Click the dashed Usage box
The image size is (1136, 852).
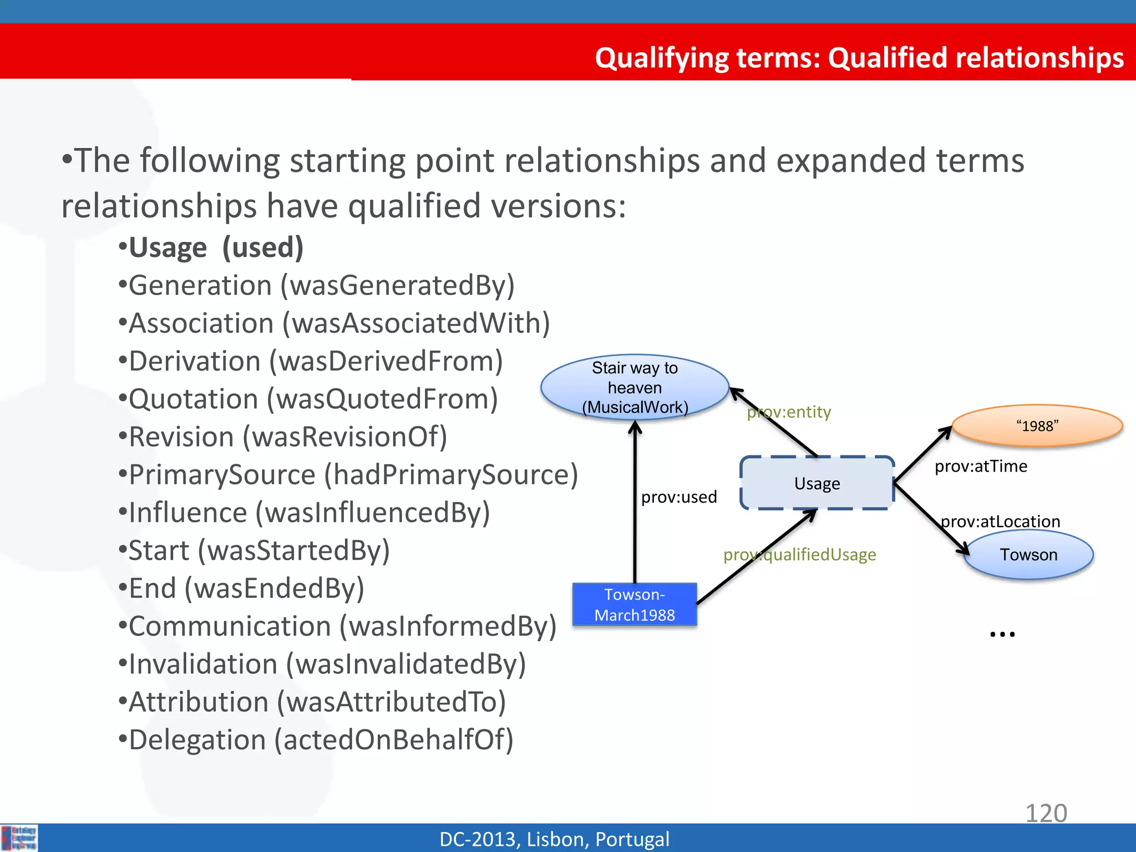pyautogui.click(x=816, y=483)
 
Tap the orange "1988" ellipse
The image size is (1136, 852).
pyautogui.click(x=1037, y=426)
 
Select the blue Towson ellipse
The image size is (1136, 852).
pyautogui.click(x=1028, y=555)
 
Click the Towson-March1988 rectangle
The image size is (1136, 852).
pyautogui.click(x=635, y=605)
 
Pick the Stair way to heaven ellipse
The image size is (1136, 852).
pyautogui.click(x=635, y=387)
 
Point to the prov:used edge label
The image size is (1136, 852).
pyautogui.click(x=678, y=496)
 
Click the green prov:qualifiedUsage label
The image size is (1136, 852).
pyautogui.click(x=799, y=554)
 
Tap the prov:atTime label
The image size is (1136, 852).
pyautogui.click(x=981, y=466)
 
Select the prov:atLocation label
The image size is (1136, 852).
pyautogui.click(x=1000, y=521)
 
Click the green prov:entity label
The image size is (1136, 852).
pyautogui.click(x=789, y=412)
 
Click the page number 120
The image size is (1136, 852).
pyautogui.click(x=1046, y=813)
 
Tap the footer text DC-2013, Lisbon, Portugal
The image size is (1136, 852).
pyautogui.click(x=554, y=839)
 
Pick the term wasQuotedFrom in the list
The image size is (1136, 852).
pyautogui.click(x=382, y=399)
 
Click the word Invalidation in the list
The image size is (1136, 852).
pyautogui.click(x=202, y=665)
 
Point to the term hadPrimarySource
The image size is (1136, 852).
pyautogui.click(x=450, y=475)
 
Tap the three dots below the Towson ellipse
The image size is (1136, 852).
pyautogui.click(x=1002, y=634)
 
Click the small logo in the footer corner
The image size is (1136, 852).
pyautogui.click(x=19, y=838)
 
